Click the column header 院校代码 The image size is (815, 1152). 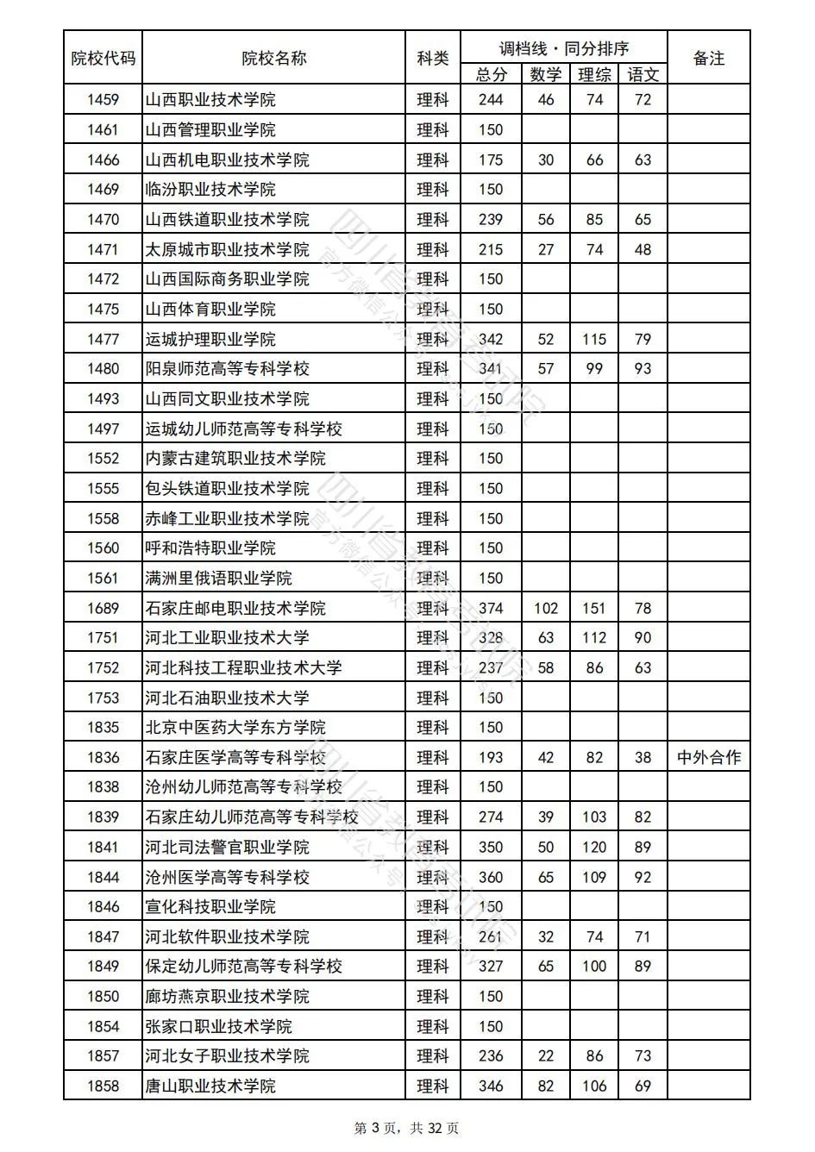[x=103, y=59]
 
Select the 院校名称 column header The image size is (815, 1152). [x=273, y=59]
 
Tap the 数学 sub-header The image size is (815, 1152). [x=545, y=75]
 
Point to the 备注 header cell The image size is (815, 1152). [x=708, y=59]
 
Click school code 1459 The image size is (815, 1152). [x=103, y=100]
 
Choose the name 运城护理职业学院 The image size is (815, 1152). [x=210, y=339]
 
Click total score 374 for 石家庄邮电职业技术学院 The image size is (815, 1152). [x=490, y=609]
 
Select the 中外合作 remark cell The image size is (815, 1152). [x=708, y=758]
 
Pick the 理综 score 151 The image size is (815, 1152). [x=593, y=609]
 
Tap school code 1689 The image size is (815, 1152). [x=103, y=609]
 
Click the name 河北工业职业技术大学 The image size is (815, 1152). [x=227, y=638]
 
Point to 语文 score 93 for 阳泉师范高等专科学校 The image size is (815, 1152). [x=643, y=369]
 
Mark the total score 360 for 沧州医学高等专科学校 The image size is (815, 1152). [x=490, y=878]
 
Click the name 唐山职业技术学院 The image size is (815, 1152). [x=210, y=1086]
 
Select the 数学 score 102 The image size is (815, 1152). [x=545, y=609]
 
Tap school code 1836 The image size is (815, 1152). [x=103, y=758]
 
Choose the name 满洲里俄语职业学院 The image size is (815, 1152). [x=218, y=579]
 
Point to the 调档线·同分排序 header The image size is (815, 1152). [x=564, y=49]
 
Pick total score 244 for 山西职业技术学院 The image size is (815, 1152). [x=490, y=100]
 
